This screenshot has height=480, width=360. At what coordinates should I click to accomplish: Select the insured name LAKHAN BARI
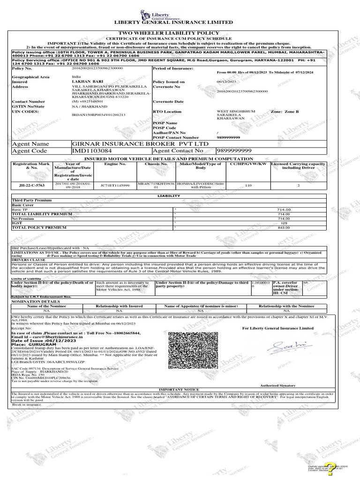coord(84,82)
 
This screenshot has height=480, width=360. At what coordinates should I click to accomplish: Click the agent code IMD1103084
coord(92,150)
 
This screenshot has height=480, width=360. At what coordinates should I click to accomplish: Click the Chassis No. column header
coord(156,164)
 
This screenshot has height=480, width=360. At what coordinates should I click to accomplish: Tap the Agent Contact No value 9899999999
coord(234,150)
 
